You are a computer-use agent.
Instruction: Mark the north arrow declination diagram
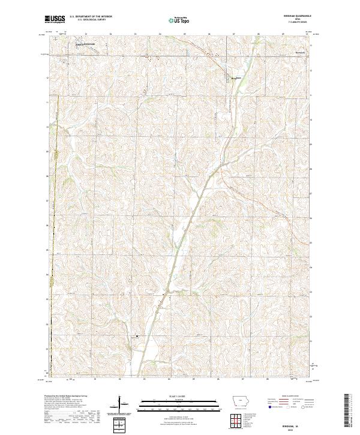121,405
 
